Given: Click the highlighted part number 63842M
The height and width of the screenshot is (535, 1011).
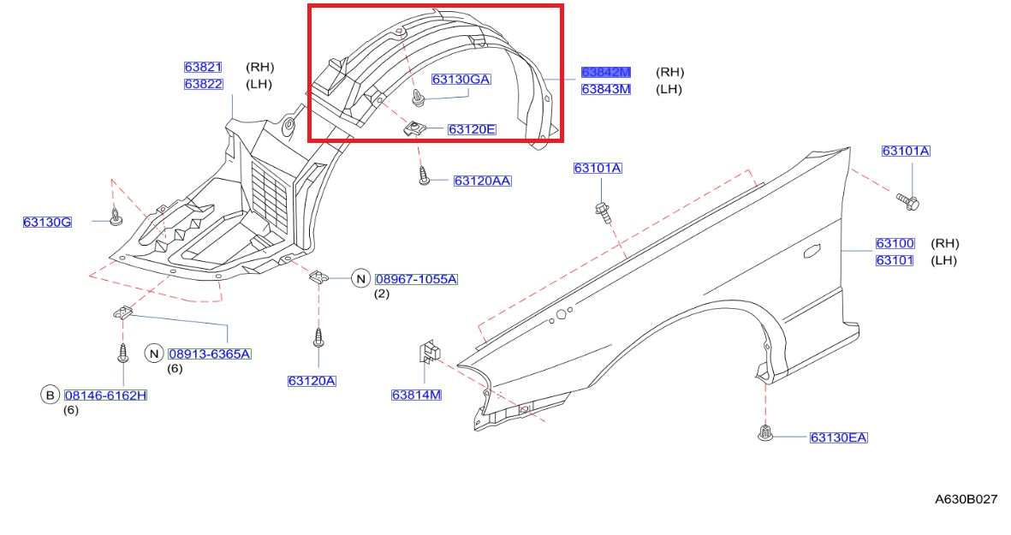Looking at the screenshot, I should coord(605,73).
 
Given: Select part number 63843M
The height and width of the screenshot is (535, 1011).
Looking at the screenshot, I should coord(605,89).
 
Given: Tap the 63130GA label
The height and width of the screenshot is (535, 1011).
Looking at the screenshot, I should coord(461,80).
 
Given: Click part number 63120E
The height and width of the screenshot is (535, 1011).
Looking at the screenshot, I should coord(472,130).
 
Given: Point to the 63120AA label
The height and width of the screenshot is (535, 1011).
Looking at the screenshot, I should coord(482,181).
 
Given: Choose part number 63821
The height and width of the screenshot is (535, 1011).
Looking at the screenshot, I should coord(203,67).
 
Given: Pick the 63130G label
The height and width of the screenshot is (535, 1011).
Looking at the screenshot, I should coord(47,223).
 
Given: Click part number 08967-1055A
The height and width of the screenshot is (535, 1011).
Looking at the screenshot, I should coord(416,279).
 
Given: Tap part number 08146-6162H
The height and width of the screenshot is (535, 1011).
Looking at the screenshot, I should coord(105,395).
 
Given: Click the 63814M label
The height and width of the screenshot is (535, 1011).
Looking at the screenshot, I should coord(416,395).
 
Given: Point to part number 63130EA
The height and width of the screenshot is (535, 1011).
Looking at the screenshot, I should coord(838,438).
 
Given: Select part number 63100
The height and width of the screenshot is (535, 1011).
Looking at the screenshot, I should coord(895,243).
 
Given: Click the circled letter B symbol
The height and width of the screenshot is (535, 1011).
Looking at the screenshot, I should coord(50,395).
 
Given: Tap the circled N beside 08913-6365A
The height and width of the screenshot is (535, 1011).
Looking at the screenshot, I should coord(154,354).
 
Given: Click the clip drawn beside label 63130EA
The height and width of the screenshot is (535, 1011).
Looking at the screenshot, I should coord(765,434).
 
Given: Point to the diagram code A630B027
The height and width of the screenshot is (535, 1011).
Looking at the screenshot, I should coord(966,499).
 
